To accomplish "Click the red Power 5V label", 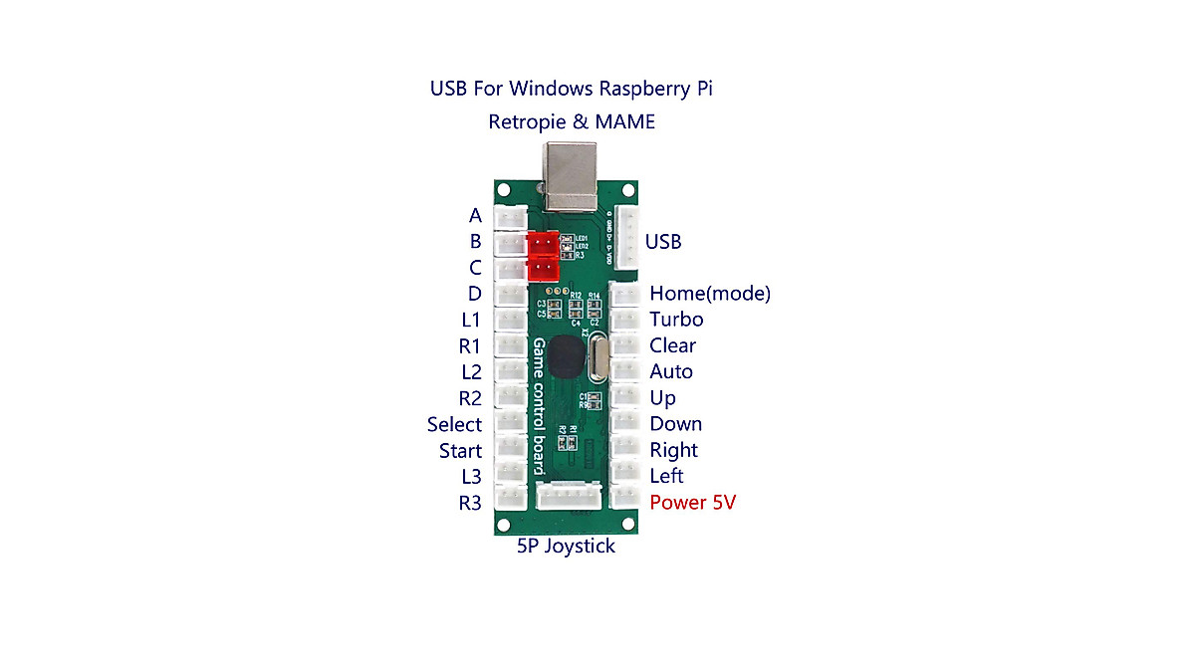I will [x=692, y=503].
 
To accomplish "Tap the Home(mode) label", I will [x=709, y=294].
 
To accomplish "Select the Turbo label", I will [x=676, y=320].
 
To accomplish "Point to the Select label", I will [x=454, y=425].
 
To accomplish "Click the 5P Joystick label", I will [x=566, y=547].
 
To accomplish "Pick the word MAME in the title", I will [x=626, y=122].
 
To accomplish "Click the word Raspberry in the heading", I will [x=642, y=89].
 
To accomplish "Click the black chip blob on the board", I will [x=565, y=356].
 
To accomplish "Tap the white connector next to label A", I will [x=511, y=217].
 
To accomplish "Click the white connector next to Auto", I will [x=625, y=371].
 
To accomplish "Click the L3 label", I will [x=471, y=477].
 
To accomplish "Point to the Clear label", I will [x=672, y=345].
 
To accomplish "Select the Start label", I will [x=460, y=451].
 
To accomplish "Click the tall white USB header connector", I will [x=627, y=237].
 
